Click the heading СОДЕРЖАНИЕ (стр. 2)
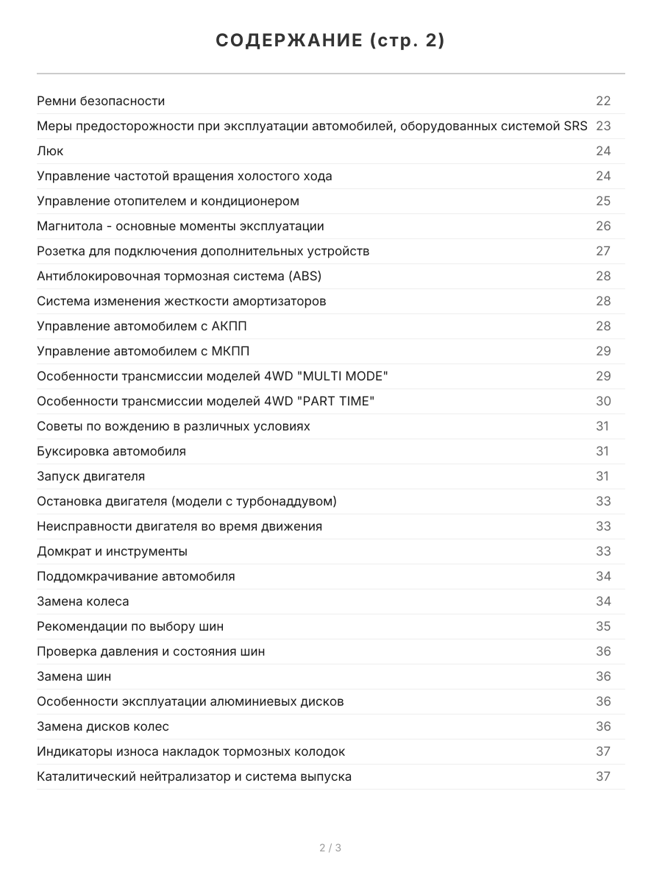pos(330,41)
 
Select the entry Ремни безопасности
pos(101,101)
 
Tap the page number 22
pos(603,101)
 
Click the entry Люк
pos(50,151)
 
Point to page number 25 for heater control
pos(603,201)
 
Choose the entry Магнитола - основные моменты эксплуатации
pos(180,226)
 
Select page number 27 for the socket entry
pos(603,251)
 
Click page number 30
pos(603,401)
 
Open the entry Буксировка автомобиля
pos(111,451)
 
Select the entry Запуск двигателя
pos(90,476)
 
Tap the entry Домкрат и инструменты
pos(112,551)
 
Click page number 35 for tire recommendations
pos(603,626)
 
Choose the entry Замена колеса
pos(82,601)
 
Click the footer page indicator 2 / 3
pos(330,848)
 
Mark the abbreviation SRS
pos(575,126)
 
